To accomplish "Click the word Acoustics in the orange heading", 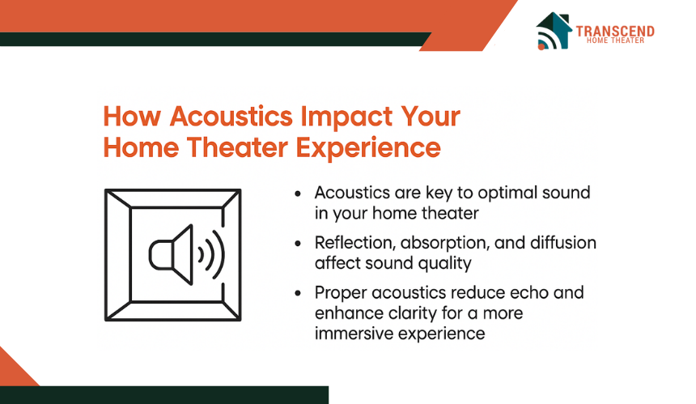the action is (x=231, y=117).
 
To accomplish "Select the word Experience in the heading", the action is (x=368, y=148).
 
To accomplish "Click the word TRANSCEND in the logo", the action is (x=615, y=32).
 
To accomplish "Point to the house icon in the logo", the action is (x=554, y=31).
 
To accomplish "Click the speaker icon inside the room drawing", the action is (x=171, y=254).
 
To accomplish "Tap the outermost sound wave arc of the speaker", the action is (x=219, y=255).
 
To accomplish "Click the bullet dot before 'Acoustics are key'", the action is (x=298, y=193).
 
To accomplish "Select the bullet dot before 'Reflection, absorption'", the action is (x=298, y=243).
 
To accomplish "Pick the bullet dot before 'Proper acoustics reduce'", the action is (x=298, y=293).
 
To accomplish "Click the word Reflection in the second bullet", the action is (x=355, y=243).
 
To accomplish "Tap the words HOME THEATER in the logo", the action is (x=615, y=40).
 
